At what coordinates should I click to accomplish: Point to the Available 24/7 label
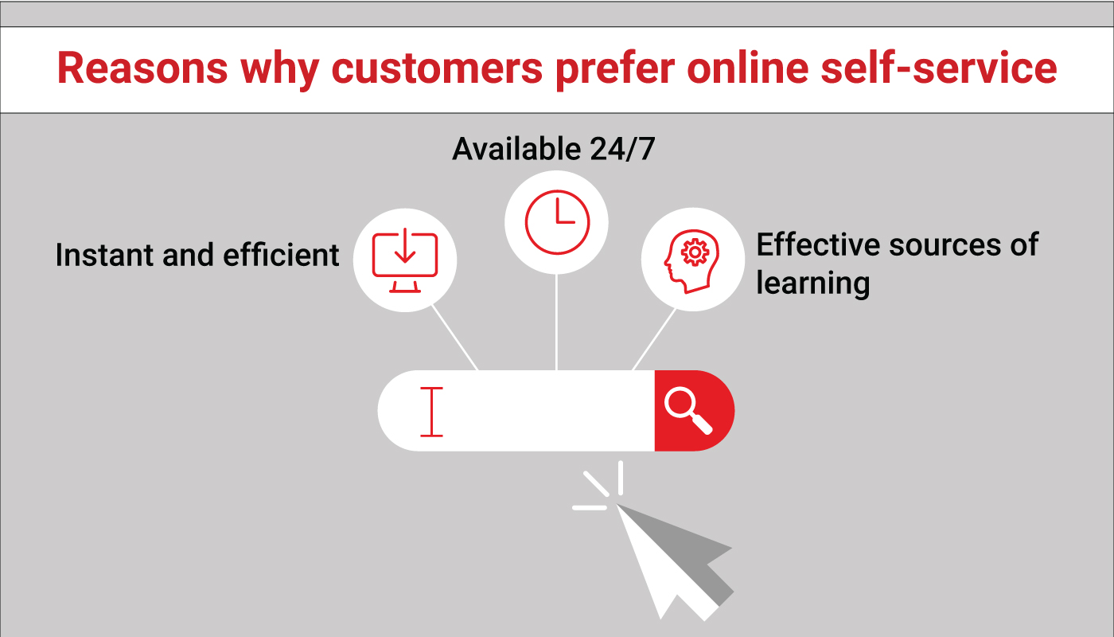[554, 149]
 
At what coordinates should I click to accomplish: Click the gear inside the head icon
[696, 252]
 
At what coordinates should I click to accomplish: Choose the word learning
[812, 283]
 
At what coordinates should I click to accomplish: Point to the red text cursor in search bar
[431, 411]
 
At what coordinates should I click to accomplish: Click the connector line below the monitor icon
[455, 338]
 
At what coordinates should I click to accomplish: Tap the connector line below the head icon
[654, 338]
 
